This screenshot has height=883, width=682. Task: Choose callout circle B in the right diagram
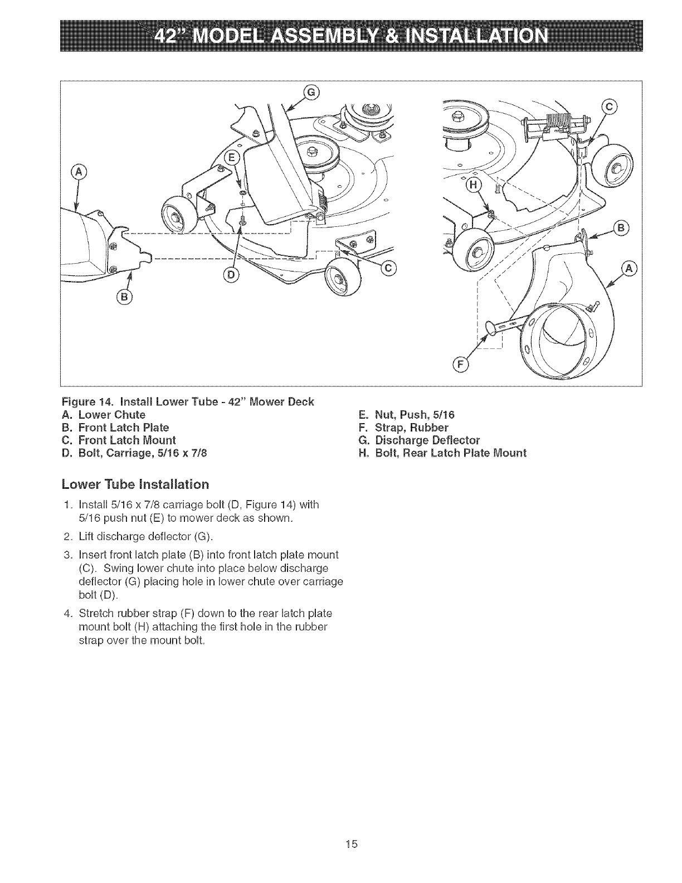pyautogui.click(x=620, y=227)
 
